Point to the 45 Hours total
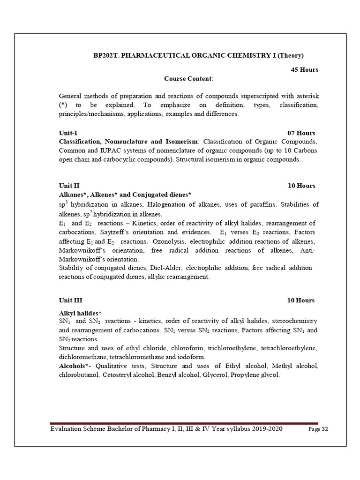305,70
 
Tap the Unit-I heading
69,133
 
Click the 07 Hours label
301,133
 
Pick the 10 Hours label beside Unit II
301,186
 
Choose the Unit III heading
71,300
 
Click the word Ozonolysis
171,241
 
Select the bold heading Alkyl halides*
81,313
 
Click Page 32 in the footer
318,430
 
